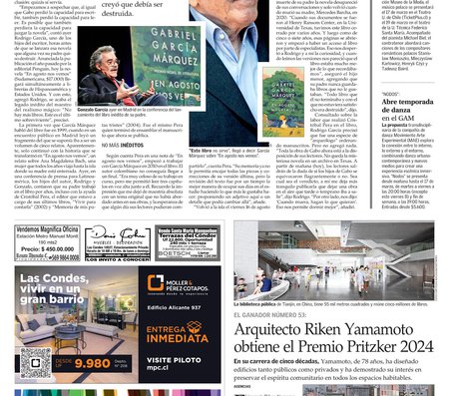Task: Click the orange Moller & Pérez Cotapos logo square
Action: pos(156,284)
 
